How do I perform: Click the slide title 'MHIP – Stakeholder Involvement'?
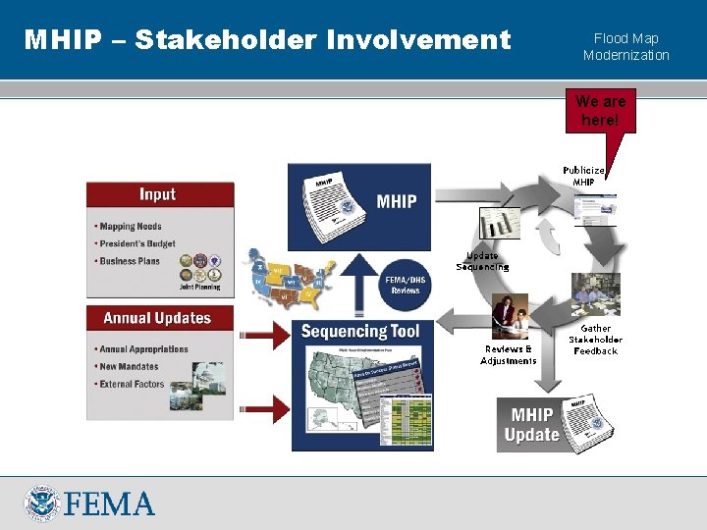[267, 40]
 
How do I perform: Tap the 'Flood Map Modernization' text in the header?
[625, 47]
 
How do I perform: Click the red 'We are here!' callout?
[601, 111]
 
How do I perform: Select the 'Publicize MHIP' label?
[583, 176]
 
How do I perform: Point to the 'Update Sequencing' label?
[482, 261]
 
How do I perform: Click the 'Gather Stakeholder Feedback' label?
[595, 340]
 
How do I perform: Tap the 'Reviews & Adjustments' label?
[508, 354]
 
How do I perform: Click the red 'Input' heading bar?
[160, 194]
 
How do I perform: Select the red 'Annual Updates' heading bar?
[160, 318]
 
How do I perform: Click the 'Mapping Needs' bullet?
[132, 227]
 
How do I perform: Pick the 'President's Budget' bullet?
[138, 243]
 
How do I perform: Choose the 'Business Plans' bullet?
[131, 261]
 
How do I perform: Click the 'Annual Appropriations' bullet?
[144, 348]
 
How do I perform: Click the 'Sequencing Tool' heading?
[359, 332]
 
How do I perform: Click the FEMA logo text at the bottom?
[110, 503]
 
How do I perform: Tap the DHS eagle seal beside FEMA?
[42, 503]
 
